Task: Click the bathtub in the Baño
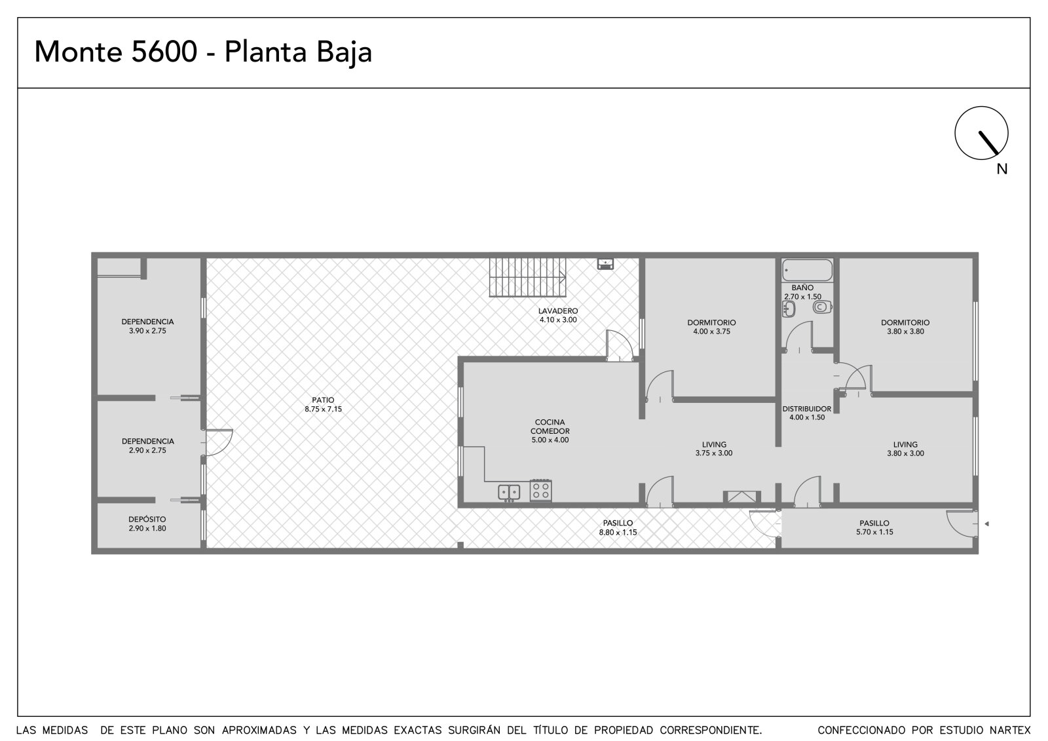(x=808, y=271)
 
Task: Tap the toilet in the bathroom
(x=822, y=307)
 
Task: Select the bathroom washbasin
(x=789, y=309)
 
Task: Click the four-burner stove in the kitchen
(x=540, y=491)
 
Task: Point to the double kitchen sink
(x=508, y=493)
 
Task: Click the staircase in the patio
(x=527, y=277)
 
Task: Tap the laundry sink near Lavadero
(x=605, y=264)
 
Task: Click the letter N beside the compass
(x=1001, y=170)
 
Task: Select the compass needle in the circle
(x=988, y=143)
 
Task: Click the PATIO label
(x=324, y=400)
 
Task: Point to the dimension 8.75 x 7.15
(x=324, y=409)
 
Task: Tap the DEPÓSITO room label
(x=147, y=519)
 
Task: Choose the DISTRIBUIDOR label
(x=807, y=409)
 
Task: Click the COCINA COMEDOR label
(x=550, y=427)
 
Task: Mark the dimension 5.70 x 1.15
(x=875, y=532)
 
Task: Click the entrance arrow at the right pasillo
(x=986, y=523)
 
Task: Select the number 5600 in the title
(x=164, y=52)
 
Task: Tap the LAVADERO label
(x=558, y=311)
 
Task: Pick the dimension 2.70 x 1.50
(x=803, y=297)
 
